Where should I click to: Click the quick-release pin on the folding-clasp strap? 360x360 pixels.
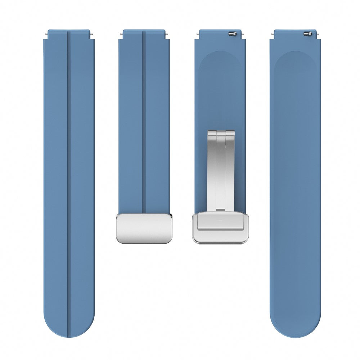pyautogui.click(x=232, y=33)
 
